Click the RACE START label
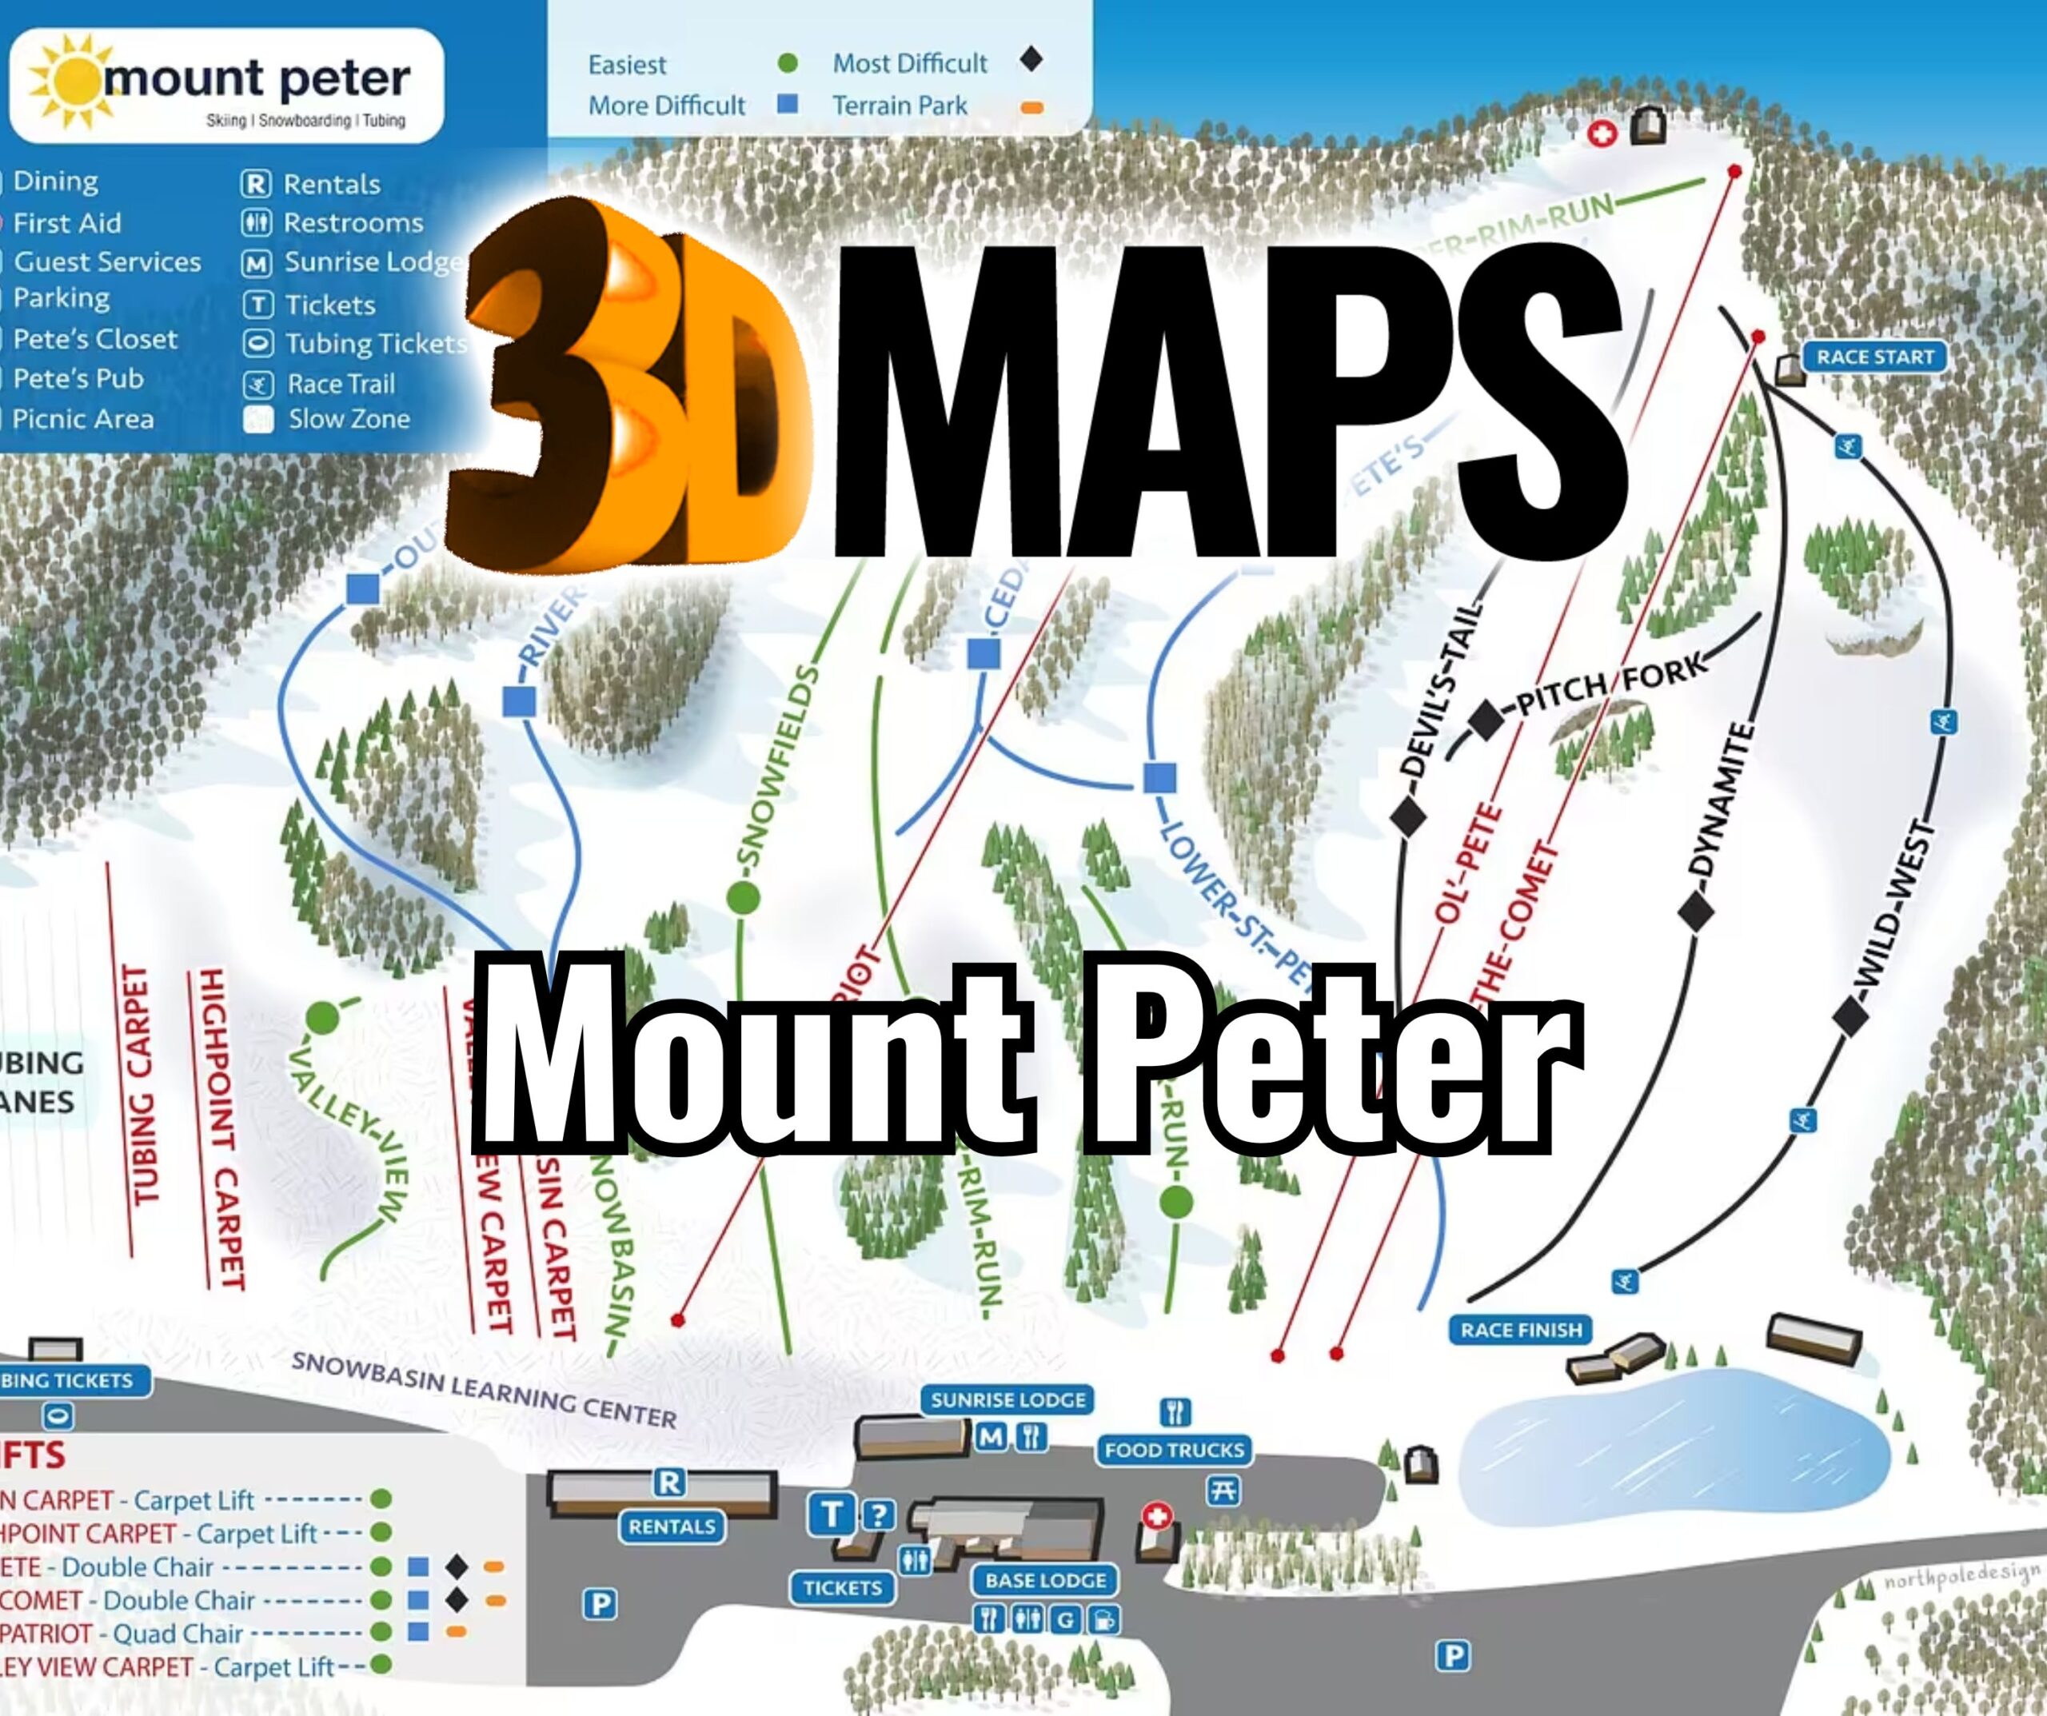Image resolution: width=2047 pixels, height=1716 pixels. [1873, 357]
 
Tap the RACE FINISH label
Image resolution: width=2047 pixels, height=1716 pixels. [1521, 1330]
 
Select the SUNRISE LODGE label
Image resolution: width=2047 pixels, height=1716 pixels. [1008, 1400]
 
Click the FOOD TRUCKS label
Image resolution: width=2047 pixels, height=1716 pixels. [1175, 1450]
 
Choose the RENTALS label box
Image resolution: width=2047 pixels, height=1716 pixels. [672, 1526]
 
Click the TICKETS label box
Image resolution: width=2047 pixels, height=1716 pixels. [842, 1588]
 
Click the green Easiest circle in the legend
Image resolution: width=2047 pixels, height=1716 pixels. [788, 63]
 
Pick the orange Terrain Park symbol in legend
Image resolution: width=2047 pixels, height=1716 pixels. [1031, 107]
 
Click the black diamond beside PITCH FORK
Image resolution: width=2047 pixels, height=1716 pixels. [1486, 720]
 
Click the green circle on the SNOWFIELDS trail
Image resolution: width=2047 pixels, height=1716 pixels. [744, 897]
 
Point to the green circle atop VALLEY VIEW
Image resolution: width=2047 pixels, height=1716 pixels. [323, 1018]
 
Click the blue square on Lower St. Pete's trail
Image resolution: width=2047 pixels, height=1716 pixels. [1159, 778]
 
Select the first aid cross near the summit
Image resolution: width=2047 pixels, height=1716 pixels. [1602, 134]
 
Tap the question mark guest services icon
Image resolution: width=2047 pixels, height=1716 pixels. [878, 1514]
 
